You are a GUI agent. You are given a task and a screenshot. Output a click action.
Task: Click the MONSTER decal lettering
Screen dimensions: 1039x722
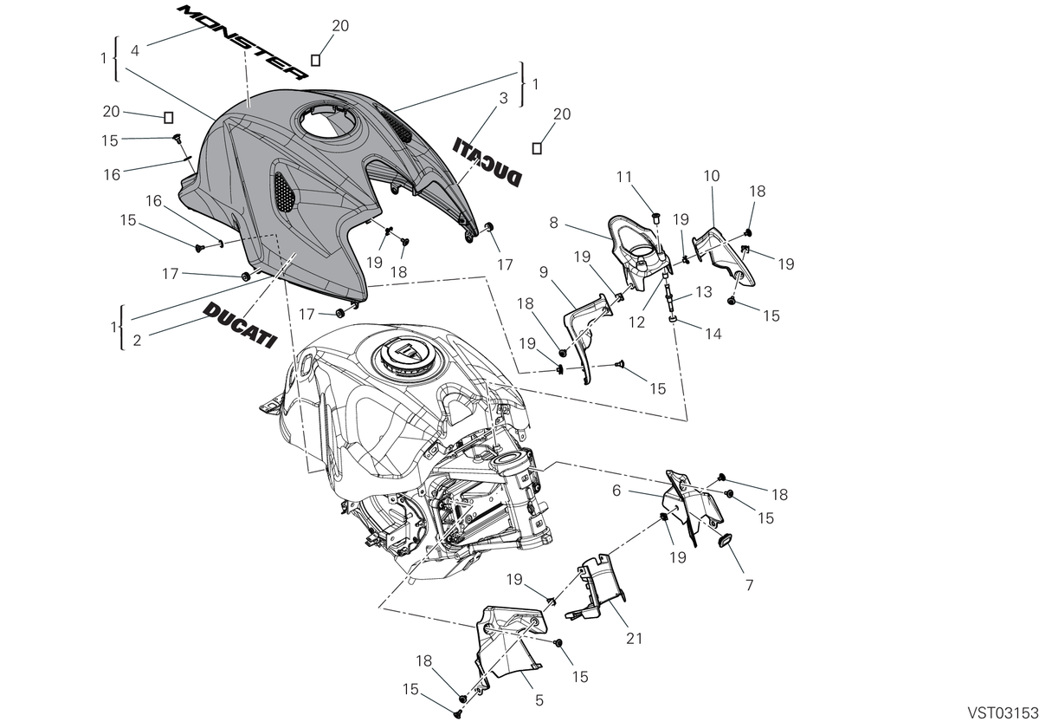[x=243, y=42]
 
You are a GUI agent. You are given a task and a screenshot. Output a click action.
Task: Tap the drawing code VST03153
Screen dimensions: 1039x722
[x=1002, y=712]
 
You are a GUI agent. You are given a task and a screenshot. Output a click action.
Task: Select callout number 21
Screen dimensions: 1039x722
[x=634, y=639]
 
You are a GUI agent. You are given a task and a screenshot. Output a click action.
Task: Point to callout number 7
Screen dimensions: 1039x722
[x=749, y=585]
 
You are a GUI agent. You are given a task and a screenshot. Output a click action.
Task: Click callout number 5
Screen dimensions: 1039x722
[x=539, y=700]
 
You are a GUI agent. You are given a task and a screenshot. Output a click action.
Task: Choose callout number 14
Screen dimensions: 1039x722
[x=713, y=334]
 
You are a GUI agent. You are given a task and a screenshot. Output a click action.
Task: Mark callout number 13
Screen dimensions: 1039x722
[x=704, y=291]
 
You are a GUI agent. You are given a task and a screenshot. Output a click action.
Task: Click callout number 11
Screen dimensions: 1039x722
[x=624, y=177]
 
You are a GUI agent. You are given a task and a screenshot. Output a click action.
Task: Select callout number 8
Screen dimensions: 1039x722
[x=553, y=223]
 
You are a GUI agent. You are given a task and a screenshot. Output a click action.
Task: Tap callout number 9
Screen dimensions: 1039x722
[x=544, y=271]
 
